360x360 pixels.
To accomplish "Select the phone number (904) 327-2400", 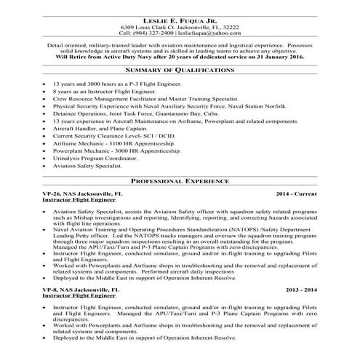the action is click(153, 32).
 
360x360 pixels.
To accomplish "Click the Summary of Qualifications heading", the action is click(180, 71).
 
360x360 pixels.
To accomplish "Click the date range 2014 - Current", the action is click(297, 195).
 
